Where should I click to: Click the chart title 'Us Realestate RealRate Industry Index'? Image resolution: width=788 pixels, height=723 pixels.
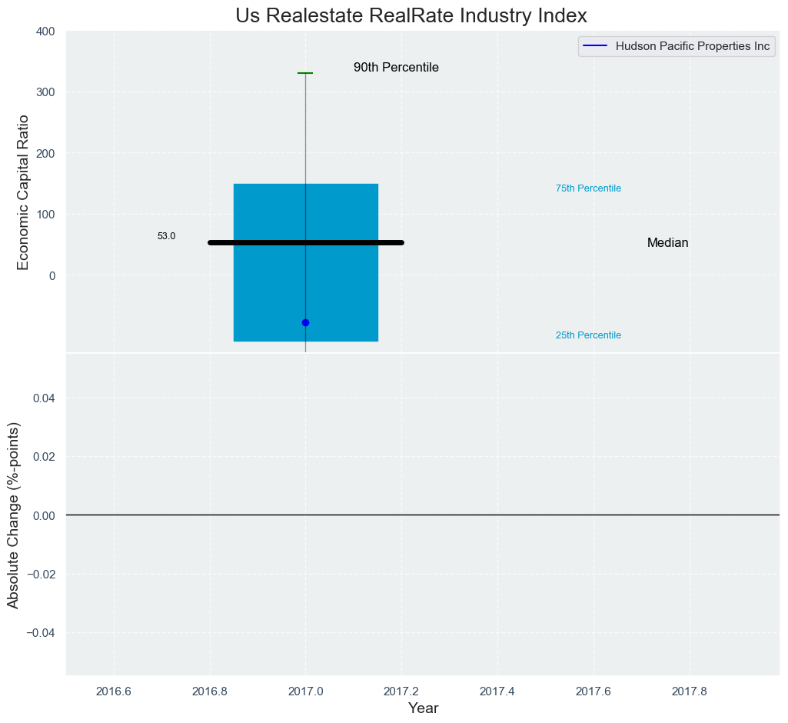411,15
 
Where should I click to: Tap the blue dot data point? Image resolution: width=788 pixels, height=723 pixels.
305,322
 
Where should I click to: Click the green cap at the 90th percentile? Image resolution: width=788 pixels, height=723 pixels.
305,73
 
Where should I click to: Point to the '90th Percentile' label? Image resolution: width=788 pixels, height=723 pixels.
396,68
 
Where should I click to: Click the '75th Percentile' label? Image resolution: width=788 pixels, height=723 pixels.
588,188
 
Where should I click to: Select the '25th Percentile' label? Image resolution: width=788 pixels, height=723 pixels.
588,335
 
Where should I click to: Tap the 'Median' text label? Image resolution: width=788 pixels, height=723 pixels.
667,243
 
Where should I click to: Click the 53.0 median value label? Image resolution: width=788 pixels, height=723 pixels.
166,236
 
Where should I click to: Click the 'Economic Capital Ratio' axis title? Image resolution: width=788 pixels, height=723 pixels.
23,192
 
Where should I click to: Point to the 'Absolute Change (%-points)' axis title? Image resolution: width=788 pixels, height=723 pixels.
13,515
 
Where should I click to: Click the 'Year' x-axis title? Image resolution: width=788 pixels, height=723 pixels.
423,708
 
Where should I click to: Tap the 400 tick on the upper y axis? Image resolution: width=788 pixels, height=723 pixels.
45,32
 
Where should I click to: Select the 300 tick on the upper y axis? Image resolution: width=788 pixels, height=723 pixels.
45,92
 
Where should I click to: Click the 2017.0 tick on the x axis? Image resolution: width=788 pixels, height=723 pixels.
305,690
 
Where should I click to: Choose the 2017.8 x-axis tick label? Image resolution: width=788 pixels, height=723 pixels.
690,690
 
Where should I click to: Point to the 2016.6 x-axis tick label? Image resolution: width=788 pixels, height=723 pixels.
114,690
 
